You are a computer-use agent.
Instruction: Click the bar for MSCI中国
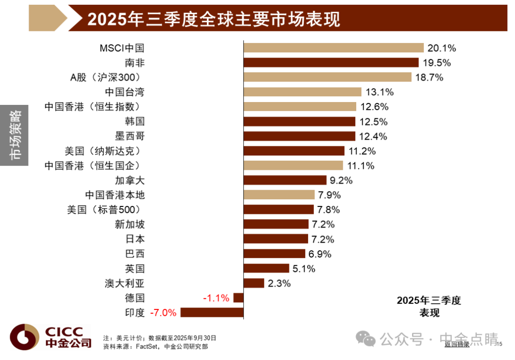334,48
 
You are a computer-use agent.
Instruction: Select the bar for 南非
331,62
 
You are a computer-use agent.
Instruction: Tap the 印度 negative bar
212,312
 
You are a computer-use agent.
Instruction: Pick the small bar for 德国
238,298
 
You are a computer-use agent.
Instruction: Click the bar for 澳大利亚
254,283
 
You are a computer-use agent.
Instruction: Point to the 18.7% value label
429,78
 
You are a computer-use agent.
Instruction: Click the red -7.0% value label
163,313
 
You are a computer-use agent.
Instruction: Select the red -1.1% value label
216,298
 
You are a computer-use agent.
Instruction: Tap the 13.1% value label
380,92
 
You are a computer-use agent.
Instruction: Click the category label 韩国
134,121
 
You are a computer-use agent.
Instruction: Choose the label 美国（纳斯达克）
103,151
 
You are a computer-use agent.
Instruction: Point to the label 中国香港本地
115,195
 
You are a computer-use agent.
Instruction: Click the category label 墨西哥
130,136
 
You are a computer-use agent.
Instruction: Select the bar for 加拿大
285,180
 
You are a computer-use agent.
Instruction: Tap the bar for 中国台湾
302,92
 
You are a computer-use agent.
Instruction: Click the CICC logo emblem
24,337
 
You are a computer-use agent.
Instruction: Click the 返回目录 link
457,344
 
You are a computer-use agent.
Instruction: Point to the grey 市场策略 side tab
14,135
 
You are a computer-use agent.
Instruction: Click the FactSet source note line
155,347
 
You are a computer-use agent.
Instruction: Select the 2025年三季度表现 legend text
429,307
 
